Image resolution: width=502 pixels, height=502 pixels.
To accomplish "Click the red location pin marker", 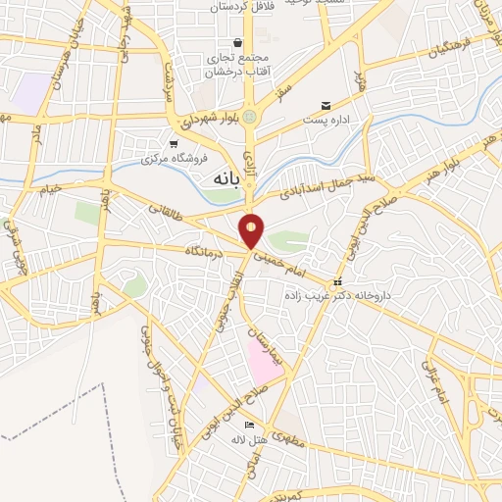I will [252, 229].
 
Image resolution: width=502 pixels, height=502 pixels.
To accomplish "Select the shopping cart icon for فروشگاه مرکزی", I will [174, 143].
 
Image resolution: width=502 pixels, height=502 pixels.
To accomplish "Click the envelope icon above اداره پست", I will [326, 106].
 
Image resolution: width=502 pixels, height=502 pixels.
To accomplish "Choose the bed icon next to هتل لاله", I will [249, 425].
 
